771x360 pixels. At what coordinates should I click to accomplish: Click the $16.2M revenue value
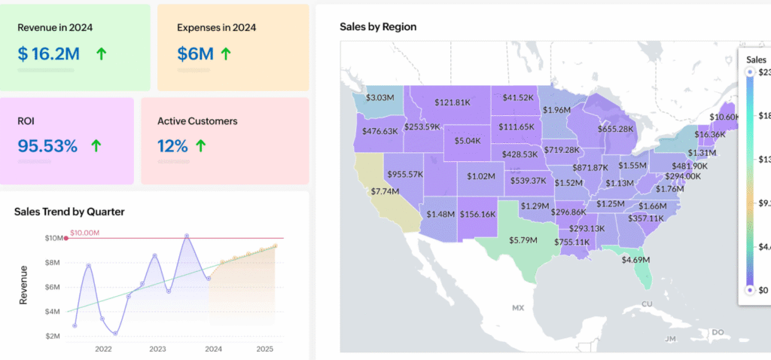point(50,53)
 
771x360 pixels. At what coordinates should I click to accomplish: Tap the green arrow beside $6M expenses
point(226,53)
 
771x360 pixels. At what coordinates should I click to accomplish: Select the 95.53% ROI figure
point(47,145)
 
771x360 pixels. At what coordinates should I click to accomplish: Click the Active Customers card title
point(197,121)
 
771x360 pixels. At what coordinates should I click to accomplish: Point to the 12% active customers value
point(172,145)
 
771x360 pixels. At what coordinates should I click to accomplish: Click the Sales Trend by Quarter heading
point(69,212)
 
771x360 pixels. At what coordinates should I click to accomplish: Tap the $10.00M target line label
point(85,233)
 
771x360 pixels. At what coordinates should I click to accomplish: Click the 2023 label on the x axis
point(157,349)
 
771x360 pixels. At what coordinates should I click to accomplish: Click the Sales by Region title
point(378,26)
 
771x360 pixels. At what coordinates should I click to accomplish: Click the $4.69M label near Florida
point(636,260)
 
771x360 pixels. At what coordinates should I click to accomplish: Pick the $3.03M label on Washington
point(380,97)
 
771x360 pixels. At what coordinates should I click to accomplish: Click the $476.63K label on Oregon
point(380,130)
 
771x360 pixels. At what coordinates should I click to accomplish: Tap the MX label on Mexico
point(517,308)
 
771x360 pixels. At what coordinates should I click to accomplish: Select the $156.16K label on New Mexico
point(477,214)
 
